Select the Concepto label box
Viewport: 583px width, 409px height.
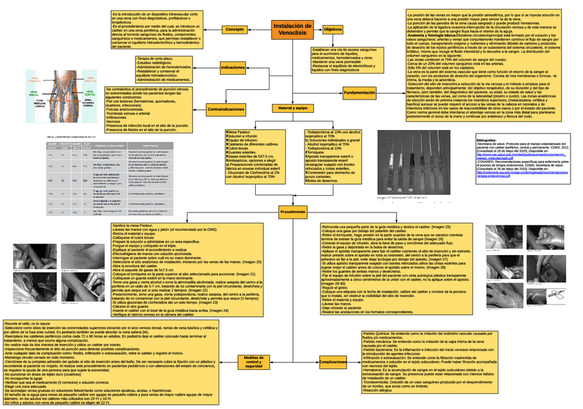click(x=234, y=29)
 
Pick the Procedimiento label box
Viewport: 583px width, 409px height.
click(x=293, y=212)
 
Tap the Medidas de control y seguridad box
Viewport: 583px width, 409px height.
click(x=254, y=362)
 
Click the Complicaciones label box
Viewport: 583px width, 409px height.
click(x=333, y=362)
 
